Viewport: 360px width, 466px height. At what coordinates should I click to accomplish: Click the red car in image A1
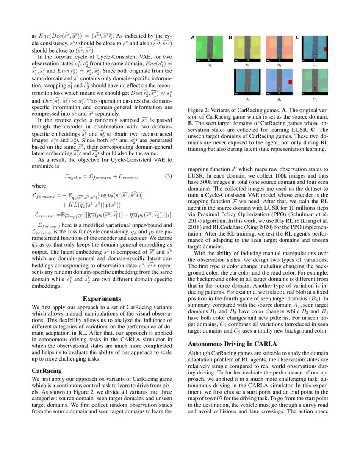pyautogui.click(x=209, y=55)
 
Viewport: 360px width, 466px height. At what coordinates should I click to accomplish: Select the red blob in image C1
pyautogui.click(x=325, y=50)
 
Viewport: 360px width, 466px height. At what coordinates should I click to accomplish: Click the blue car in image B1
pyautogui.click(x=247, y=55)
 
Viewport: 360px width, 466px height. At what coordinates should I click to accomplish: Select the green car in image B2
pyautogui.click(x=279, y=55)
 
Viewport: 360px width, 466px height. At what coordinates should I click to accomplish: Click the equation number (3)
pyautogui.click(x=168, y=176)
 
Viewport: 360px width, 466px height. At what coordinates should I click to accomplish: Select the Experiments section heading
pyautogui.click(x=102, y=299)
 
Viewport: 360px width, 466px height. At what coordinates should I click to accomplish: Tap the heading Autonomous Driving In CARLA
pyautogui.click(x=233, y=344)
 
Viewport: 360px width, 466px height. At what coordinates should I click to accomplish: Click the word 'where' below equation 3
pyautogui.click(x=39, y=186)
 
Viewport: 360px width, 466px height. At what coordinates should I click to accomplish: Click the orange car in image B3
pyautogui.click(x=247, y=89)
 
